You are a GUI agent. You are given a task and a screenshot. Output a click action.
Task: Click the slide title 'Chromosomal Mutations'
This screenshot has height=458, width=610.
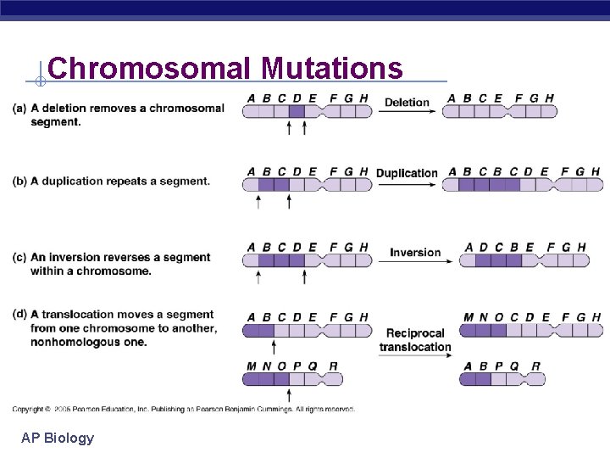(x=225, y=68)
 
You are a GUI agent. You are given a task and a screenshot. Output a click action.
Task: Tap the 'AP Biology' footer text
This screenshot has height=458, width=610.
(x=58, y=438)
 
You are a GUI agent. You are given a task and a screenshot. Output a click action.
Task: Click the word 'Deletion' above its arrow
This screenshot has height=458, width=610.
(x=407, y=103)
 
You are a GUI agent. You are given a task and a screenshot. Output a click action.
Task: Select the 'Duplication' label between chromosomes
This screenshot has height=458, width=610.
(x=407, y=173)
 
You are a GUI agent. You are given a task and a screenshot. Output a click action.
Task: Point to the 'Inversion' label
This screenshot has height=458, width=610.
(x=415, y=252)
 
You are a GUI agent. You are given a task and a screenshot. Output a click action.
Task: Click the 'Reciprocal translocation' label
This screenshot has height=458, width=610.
(x=415, y=340)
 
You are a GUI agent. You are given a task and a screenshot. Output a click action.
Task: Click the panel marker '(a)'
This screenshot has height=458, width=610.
(x=19, y=108)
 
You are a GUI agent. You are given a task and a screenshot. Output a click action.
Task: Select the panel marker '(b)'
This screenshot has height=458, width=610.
(x=19, y=181)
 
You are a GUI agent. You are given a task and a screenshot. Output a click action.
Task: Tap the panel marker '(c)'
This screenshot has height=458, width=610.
(x=19, y=257)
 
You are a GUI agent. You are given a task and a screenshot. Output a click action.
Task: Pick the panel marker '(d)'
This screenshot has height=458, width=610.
(x=19, y=315)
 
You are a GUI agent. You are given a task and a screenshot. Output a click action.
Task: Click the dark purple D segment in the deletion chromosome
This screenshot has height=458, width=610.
(x=296, y=111)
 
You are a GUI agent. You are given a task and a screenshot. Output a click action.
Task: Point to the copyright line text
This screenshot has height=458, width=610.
(x=183, y=409)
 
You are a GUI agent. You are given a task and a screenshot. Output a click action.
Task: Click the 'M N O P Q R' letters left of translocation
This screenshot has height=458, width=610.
(x=292, y=366)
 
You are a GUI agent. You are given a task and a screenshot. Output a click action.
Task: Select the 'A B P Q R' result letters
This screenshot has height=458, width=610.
(x=501, y=366)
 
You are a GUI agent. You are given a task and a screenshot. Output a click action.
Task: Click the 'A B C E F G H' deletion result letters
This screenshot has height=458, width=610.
(x=500, y=98)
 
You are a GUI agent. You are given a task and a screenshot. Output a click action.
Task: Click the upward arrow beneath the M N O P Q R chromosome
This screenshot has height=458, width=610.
(x=289, y=394)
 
